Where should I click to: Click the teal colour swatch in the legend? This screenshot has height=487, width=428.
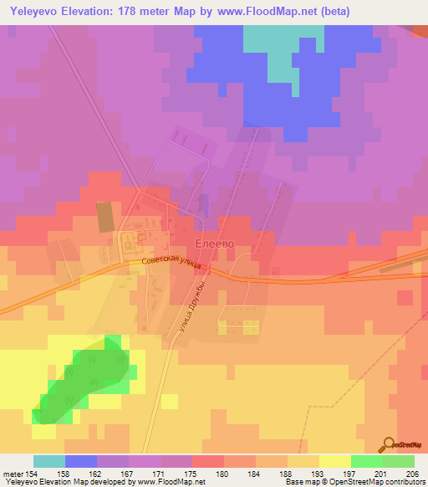click(49, 461)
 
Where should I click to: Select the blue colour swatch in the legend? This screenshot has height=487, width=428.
click(81, 461)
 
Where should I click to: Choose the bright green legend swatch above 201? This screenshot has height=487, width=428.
click(367, 461)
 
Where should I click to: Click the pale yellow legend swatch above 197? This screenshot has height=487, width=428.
click(335, 461)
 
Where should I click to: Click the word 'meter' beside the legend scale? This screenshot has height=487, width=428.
click(13, 473)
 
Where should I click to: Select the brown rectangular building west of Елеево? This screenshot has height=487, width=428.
click(104, 217)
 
